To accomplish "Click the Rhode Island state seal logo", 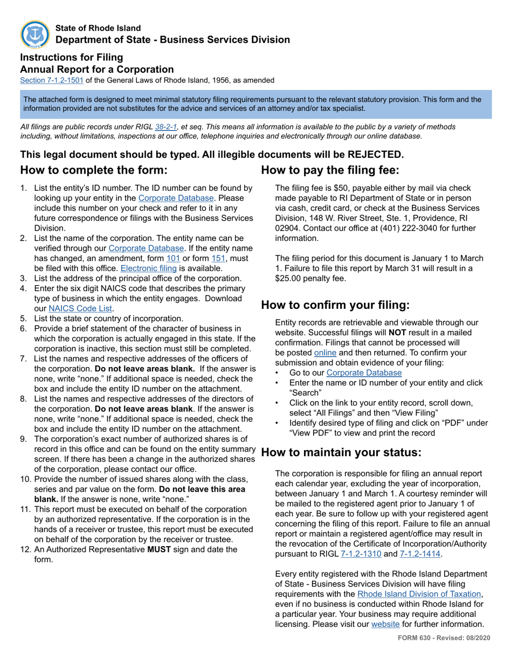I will [35, 34].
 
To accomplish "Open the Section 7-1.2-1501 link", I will [52, 80].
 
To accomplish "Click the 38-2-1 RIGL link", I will [166, 127].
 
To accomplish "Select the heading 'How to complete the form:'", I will [94, 170].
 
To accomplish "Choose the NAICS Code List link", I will [81, 308].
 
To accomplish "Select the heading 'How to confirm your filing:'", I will [335, 305].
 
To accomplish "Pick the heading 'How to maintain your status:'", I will [341, 452].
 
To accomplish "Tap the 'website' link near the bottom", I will [385, 624].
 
